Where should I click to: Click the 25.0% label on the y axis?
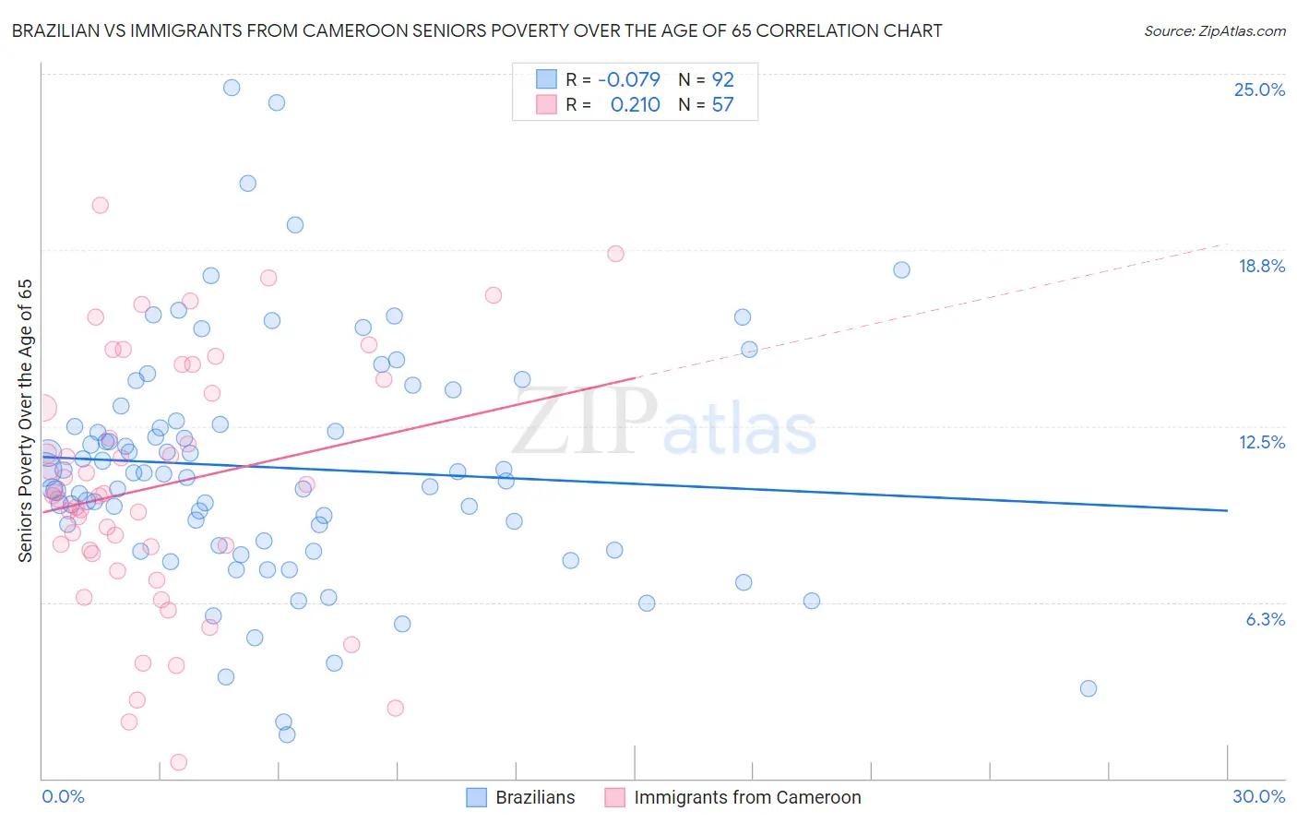point(1259,89)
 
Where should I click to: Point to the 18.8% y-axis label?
point(1261,266)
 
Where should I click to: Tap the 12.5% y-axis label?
point(1261,442)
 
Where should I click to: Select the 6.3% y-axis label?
point(1265,619)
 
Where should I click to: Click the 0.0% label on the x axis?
point(63,796)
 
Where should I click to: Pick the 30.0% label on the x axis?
point(1258,796)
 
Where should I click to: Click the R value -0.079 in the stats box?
point(628,79)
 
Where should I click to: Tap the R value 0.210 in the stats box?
point(635,105)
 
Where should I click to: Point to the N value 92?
point(722,79)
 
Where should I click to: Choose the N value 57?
point(722,105)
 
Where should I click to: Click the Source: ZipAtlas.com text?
point(1214,31)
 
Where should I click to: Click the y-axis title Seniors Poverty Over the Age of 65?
point(25,420)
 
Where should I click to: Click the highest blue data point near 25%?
point(232,88)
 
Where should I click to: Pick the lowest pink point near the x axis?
point(179,762)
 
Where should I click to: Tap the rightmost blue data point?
point(1089,688)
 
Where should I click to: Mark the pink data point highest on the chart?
point(101,205)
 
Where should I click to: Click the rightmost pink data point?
point(615,254)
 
